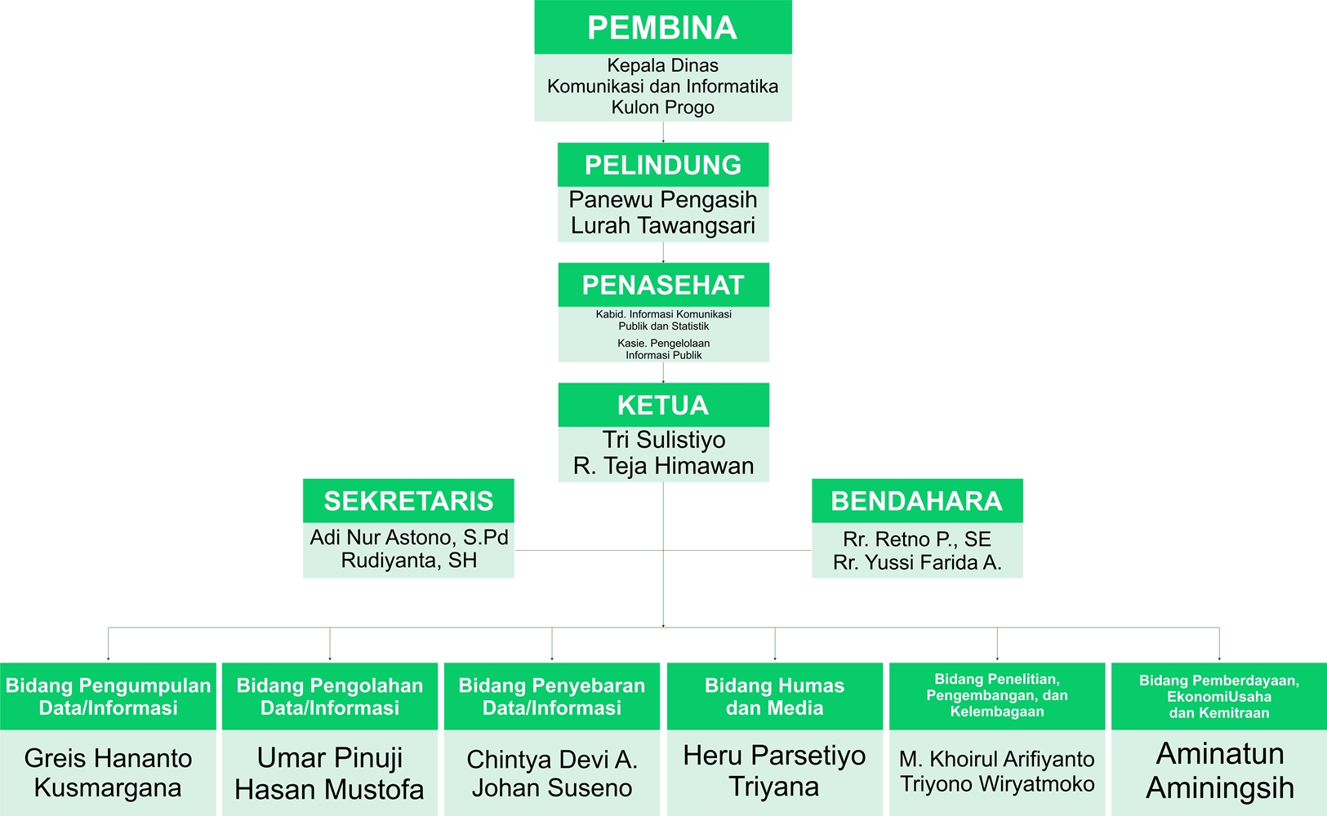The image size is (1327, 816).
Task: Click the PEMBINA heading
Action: pyautogui.click(x=662, y=28)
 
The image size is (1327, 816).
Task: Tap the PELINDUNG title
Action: pyautogui.click(x=663, y=165)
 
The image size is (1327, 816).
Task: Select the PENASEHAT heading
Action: pyautogui.click(x=663, y=286)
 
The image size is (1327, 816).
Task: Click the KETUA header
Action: pyautogui.click(x=663, y=406)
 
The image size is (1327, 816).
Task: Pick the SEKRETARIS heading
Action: pyautogui.click(x=408, y=501)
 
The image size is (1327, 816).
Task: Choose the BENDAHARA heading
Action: pyautogui.click(x=916, y=501)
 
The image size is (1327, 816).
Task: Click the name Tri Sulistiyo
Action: pyautogui.click(x=663, y=440)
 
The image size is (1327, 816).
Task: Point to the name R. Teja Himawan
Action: pyautogui.click(x=663, y=466)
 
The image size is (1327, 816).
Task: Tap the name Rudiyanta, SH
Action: pyautogui.click(x=409, y=561)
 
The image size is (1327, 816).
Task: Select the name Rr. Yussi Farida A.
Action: pyautogui.click(x=917, y=562)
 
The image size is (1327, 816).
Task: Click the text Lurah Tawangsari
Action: pyautogui.click(x=663, y=225)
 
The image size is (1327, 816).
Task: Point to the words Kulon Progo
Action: pyautogui.click(x=663, y=108)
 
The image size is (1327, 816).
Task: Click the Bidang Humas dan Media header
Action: pyautogui.click(x=774, y=696)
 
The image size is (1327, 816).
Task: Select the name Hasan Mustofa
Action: pyautogui.click(x=329, y=790)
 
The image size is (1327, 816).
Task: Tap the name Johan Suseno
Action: pyautogui.click(x=552, y=788)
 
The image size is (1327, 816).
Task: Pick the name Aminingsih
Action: pyautogui.click(x=1220, y=788)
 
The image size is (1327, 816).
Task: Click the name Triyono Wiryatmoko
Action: pyautogui.click(x=997, y=784)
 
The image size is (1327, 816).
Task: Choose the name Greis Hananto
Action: pyautogui.click(x=108, y=759)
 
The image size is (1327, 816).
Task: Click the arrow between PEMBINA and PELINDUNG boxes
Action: pyautogui.click(x=663, y=132)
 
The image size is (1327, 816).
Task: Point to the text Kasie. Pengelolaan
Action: pyautogui.click(x=663, y=344)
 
